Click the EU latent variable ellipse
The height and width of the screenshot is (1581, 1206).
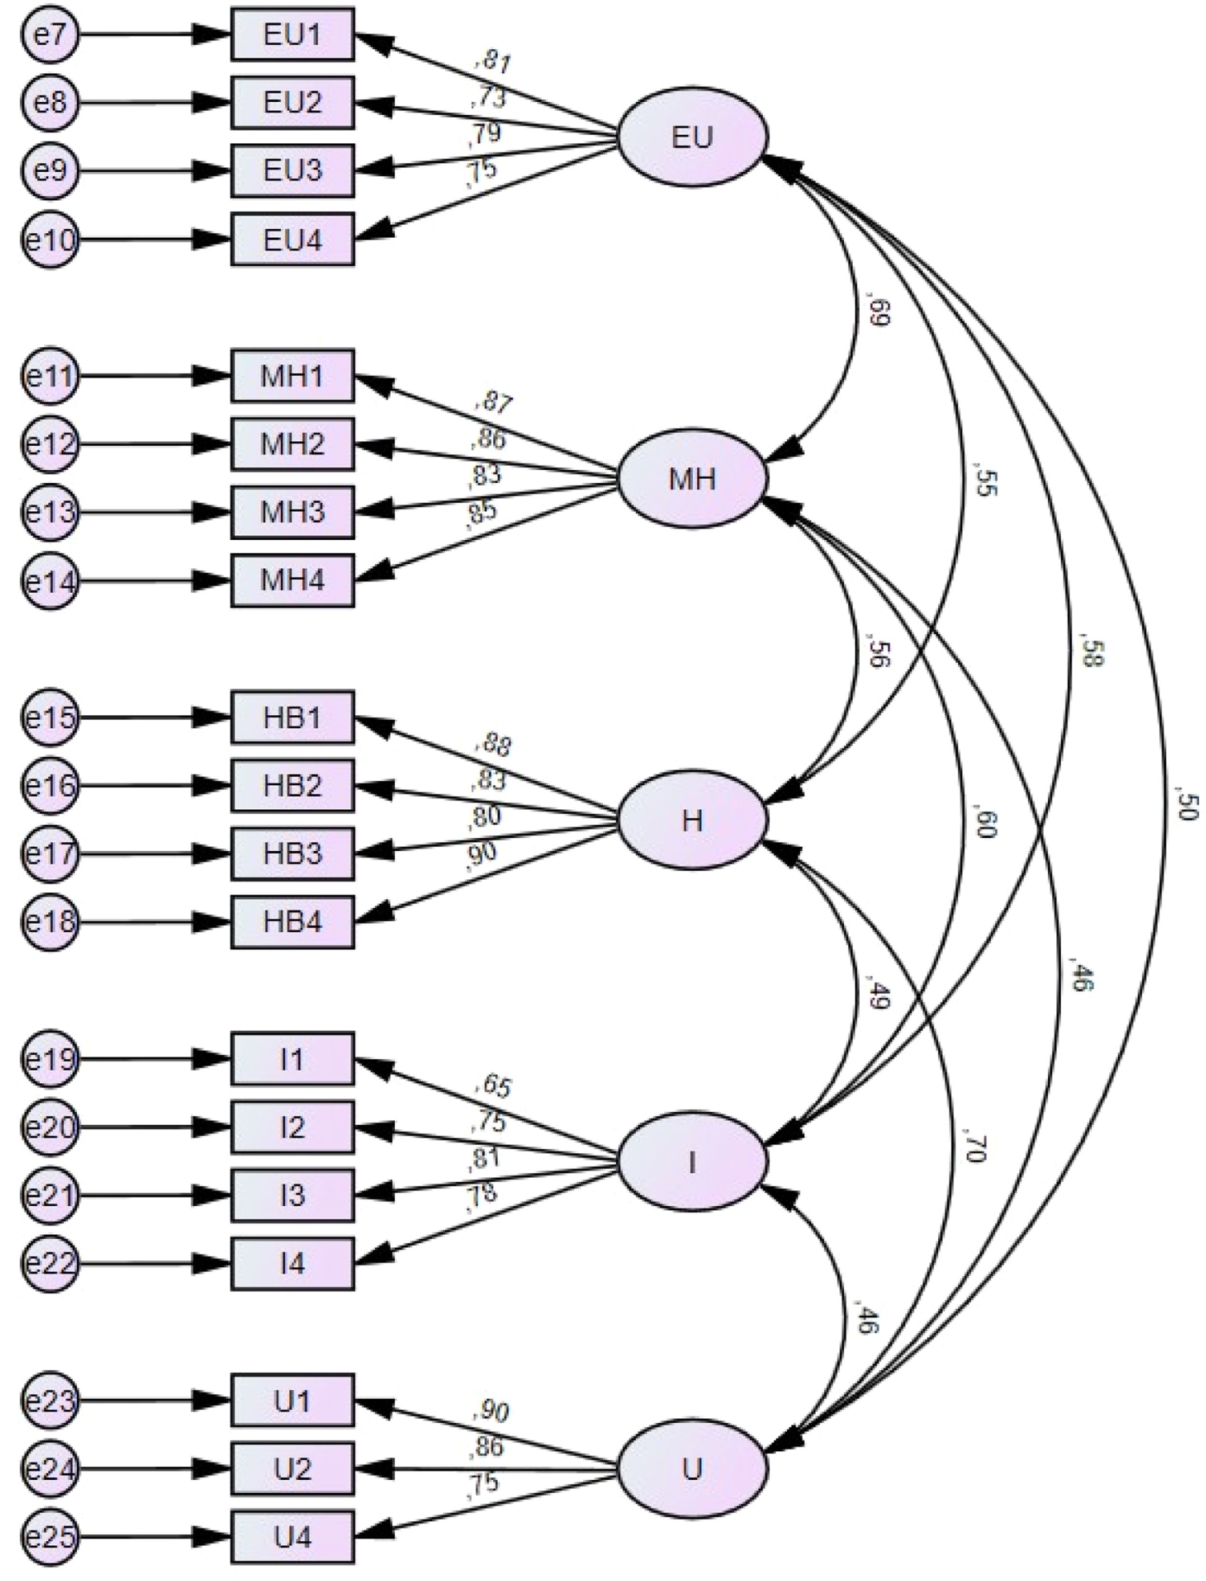[692, 137]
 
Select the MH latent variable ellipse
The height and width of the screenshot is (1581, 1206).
[692, 478]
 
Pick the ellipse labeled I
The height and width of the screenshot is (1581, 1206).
[692, 1161]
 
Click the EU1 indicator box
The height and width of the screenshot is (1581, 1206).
[292, 34]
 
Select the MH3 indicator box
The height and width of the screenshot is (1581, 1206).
[292, 512]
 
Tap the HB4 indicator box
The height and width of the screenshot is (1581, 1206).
[292, 922]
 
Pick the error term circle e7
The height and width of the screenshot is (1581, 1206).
[50, 34]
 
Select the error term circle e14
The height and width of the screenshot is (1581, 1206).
[50, 581]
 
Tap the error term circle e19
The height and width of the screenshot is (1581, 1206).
[50, 1059]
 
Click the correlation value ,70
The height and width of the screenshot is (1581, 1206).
[978, 1146]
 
